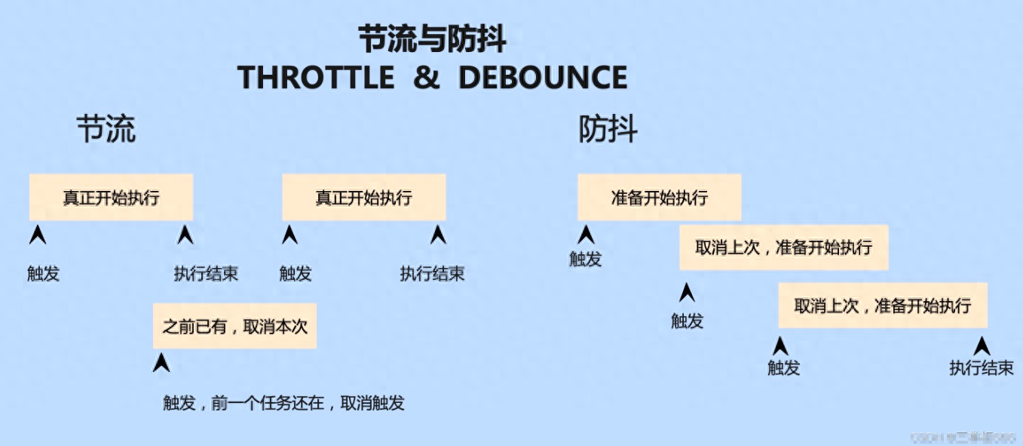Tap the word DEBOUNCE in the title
point(543,78)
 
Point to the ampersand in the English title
point(426,78)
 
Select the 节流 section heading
point(106,130)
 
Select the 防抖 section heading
point(608,130)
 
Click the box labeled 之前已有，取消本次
point(234,326)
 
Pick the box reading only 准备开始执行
point(659,198)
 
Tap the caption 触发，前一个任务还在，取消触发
point(283,403)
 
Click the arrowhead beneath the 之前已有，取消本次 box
point(161,363)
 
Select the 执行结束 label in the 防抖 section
point(981,368)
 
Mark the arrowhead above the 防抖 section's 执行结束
point(982,346)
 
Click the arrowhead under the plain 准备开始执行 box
point(587,235)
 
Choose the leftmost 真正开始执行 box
point(111,198)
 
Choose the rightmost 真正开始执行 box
point(363,198)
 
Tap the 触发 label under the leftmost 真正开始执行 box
point(43,274)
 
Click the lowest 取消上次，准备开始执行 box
point(882,306)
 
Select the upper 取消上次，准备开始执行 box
point(783,248)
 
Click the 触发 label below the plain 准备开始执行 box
point(586,260)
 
